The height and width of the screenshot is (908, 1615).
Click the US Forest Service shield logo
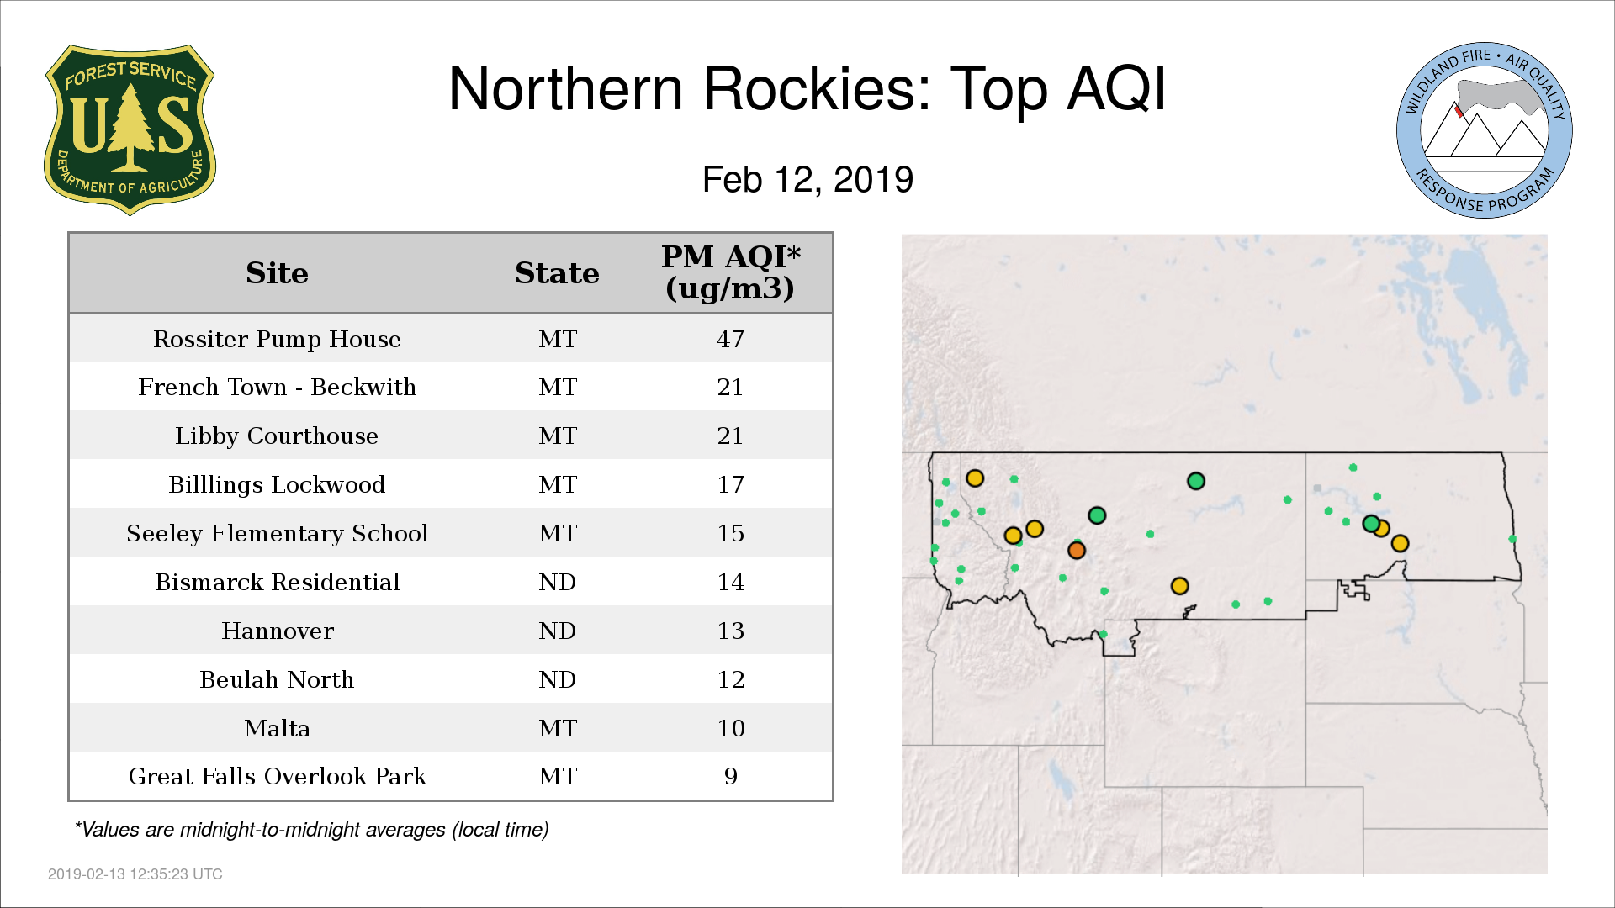pyautogui.click(x=130, y=129)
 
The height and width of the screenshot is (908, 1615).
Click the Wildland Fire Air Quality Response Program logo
pyautogui.click(x=1485, y=130)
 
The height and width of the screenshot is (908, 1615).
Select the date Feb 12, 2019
pyautogui.click(x=807, y=180)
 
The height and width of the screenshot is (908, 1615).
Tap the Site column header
pyautogui.click(x=277, y=273)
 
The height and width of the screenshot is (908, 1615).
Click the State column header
pyautogui.click(x=557, y=273)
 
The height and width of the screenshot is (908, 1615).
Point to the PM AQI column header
pyautogui.click(x=730, y=272)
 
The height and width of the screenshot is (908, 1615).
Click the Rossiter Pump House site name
pyautogui.click(x=277, y=339)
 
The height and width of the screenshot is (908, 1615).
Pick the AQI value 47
pyautogui.click(x=730, y=339)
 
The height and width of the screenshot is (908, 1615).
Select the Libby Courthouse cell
pyautogui.click(x=277, y=436)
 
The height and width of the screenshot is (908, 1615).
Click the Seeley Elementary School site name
pyautogui.click(x=277, y=533)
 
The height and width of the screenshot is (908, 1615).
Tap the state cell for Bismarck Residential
pyautogui.click(x=557, y=582)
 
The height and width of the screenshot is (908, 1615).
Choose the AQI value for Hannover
pyautogui.click(x=730, y=631)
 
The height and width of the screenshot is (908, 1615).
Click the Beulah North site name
pyautogui.click(x=277, y=679)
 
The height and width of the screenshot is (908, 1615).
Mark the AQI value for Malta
pyautogui.click(x=730, y=728)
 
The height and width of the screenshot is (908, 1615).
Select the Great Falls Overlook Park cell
pyautogui.click(x=277, y=776)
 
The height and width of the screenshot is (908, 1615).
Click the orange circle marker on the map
pyautogui.click(x=1077, y=550)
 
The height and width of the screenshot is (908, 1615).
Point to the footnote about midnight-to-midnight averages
pyautogui.click(x=311, y=830)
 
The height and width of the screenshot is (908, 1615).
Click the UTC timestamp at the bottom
pyautogui.click(x=135, y=874)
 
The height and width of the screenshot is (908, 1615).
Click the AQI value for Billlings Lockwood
pyautogui.click(x=730, y=484)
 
